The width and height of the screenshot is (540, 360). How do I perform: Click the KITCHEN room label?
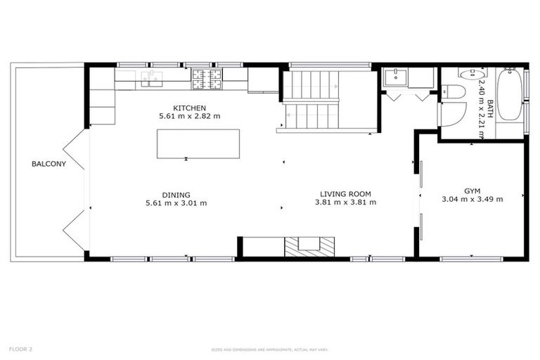coord(190,108)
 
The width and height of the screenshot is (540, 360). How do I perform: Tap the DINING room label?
coord(176,195)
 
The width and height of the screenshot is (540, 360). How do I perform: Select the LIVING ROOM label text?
coord(345,194)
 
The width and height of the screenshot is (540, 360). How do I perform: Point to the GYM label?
coord(472,191)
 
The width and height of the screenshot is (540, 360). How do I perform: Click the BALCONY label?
coord(49,165)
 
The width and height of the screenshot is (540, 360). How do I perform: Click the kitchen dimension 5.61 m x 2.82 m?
coord(190,116)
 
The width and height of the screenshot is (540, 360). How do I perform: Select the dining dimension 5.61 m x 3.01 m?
coord(176,203)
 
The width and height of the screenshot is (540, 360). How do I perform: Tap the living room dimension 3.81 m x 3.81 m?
coord(345,202)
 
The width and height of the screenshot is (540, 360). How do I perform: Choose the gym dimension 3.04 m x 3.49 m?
coord(472,199)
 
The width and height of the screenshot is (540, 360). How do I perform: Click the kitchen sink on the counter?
coord(151,77)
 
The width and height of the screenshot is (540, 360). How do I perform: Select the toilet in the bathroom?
coord(456,92)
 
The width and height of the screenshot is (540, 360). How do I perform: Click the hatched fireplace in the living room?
coord(309,246)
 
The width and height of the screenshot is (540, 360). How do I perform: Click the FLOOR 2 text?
coord(21,349)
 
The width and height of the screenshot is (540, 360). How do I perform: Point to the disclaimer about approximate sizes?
coord(270,349)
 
